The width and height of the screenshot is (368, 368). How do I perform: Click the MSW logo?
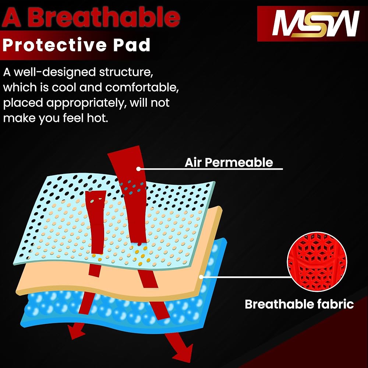point(316,24)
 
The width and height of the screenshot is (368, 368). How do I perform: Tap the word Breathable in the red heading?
point(104,17)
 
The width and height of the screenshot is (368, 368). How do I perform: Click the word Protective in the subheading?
point(54,45)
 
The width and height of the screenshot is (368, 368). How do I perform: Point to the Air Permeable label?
point(229,162)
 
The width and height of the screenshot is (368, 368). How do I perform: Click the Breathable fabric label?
point(299,304)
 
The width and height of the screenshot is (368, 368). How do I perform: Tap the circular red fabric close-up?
point(317,262)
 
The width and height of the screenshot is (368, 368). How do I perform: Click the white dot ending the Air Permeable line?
point(138,169)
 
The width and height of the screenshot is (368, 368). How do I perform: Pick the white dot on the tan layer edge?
point(201,277)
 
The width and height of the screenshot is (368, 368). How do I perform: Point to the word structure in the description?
point(126,72)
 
